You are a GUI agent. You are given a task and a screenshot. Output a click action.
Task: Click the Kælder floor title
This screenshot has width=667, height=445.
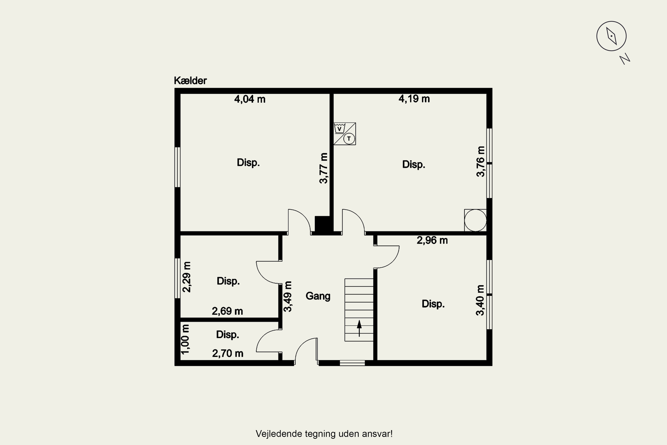pos(190,81)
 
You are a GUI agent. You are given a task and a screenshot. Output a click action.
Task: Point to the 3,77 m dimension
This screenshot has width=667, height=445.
pos(323,168)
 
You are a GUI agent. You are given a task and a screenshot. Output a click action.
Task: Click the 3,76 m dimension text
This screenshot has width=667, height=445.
pos(480,162)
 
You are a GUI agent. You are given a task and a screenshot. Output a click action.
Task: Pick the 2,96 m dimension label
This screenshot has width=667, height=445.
pos(432,240)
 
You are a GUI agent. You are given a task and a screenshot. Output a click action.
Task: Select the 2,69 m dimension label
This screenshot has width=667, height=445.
pos(227,311)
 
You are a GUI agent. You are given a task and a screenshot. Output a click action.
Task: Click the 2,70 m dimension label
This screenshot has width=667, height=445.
pos(228,353)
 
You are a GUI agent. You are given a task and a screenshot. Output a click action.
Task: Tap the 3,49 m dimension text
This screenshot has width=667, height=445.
pos(287,297)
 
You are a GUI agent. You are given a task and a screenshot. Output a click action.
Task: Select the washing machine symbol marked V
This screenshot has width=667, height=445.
pos(339,128)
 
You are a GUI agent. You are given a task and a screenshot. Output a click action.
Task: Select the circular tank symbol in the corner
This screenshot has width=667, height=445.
pos(475,220)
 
